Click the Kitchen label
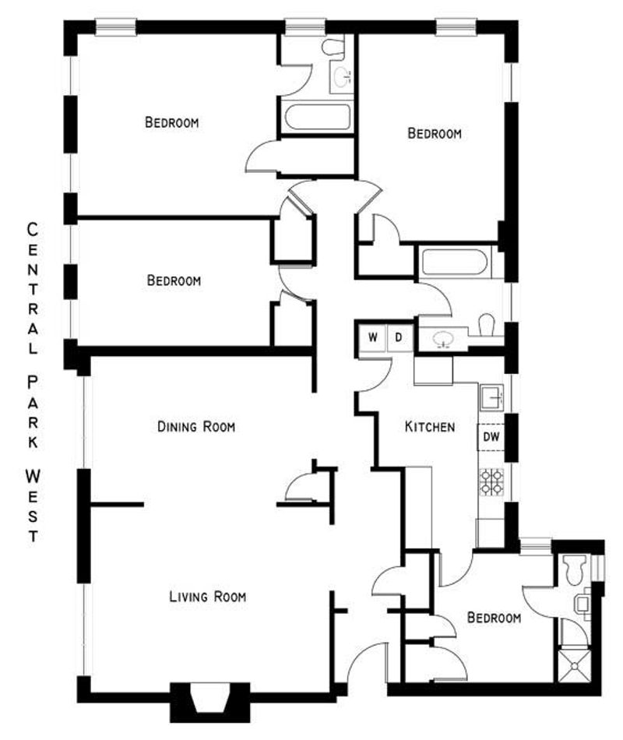pyautogui.click(x=430, y=427)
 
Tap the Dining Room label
pyautogui.click(x=196, y=427)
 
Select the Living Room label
pyautogui.click(x=208, y=597)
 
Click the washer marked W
pyautogui.click(x=373, y=337)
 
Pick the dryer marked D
pyautogui.click(x=399, y=337)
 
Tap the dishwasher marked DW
pyautogui.click(x=491, y=436)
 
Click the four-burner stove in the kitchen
pyautogui.click(x=492, y=482)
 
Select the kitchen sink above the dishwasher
pyautogui.click(x=492, y=398)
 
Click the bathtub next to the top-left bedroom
pyautogui.click(x=318, y=117)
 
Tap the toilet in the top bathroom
pyautogui.click(x=333, y=48)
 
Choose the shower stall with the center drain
pyautogui.click(x=575, y=666)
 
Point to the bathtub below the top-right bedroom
pyautogui.click(x=454, y=263)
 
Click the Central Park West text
pyautogui.click(x=32, y=382)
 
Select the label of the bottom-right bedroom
pyautogui.click(x=495, y=617)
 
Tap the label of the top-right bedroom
pyautogui.click(x=435, y=133)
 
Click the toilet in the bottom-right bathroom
pyautogui.click(x=575, y=569)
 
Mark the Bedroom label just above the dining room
pyautogui.click(x=174, y=280)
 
